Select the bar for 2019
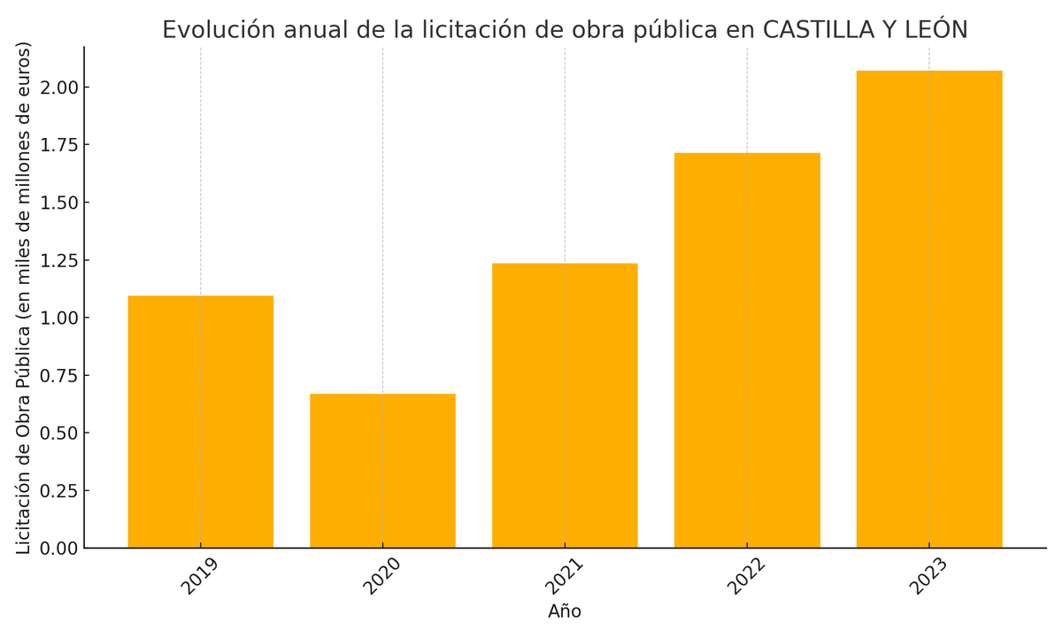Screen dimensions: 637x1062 click(x=200, y=422)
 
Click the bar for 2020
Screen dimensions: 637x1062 click(x=382, y=471)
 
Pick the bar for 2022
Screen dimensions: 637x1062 click(x=747, y=350)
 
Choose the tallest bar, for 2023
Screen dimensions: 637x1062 click(x=929, y=310)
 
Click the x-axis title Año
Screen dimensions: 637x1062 click(x=565, y=611)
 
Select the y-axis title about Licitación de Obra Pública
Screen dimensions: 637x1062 click(x=24, y=297)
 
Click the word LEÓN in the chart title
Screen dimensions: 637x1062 click(x=935, y=30)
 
